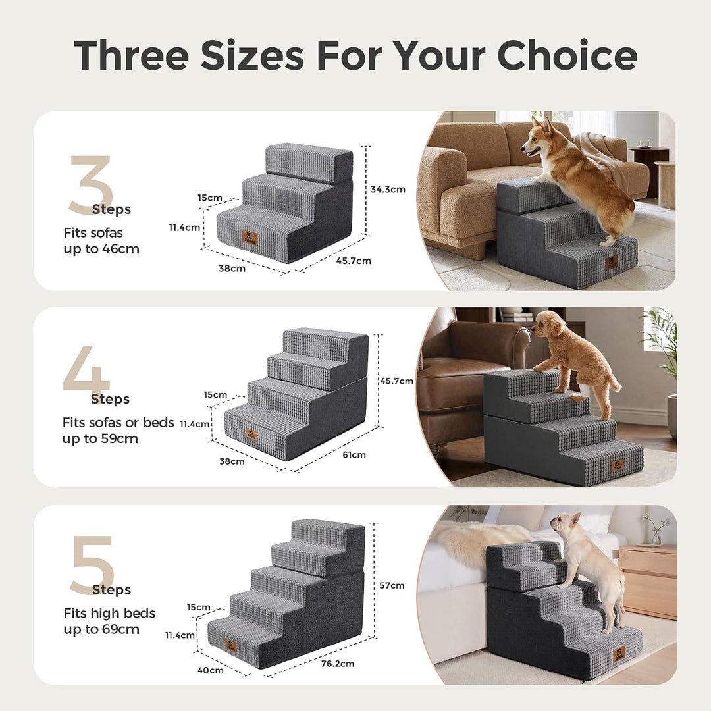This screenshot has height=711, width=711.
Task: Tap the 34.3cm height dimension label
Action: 388,189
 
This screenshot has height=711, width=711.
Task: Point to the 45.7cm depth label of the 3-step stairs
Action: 354,261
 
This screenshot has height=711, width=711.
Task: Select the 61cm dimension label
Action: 354,454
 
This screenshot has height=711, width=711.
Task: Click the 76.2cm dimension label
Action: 337,664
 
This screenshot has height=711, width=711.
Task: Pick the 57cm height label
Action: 392,585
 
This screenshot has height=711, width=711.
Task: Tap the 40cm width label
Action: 211,670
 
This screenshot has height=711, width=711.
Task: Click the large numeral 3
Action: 90,184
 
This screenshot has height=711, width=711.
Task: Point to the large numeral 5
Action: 92,566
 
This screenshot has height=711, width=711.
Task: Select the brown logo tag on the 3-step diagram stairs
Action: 250,238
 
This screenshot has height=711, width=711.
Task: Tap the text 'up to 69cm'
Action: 101,629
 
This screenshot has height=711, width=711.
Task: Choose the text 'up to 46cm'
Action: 101,249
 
